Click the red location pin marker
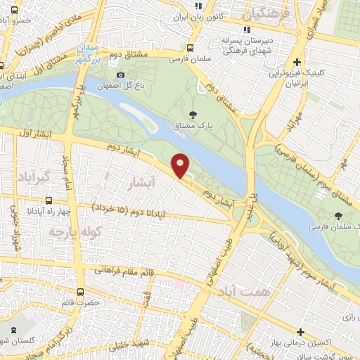181,165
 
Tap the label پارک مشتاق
193,126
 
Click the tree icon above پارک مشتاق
193,114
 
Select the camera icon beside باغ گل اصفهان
121,75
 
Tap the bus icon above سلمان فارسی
191,49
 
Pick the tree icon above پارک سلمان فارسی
339,216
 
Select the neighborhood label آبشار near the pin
141,183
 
